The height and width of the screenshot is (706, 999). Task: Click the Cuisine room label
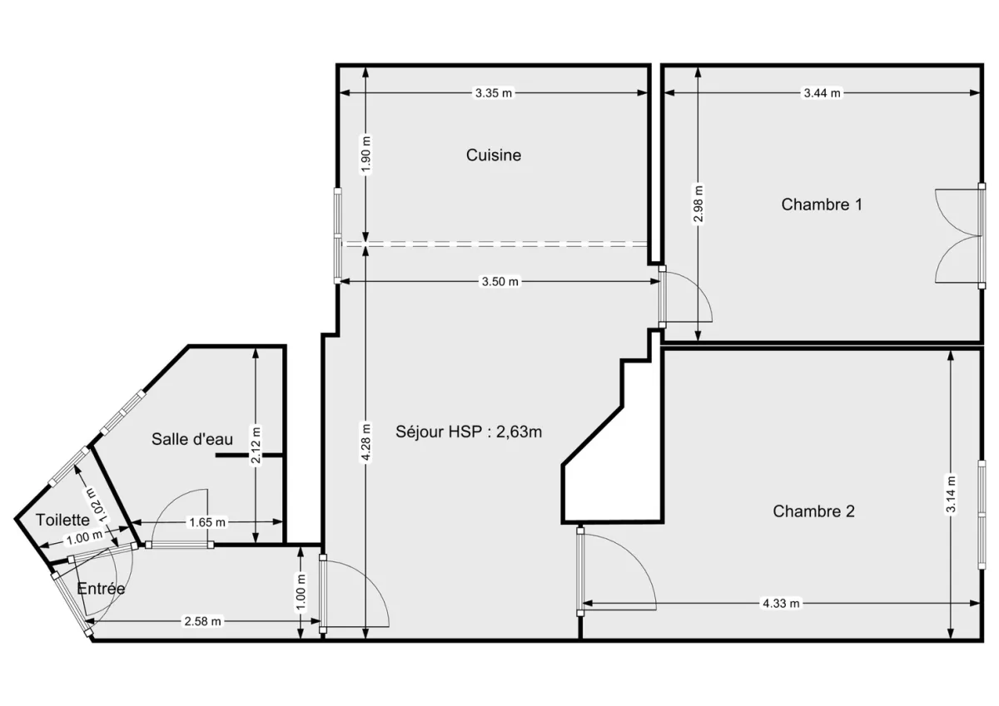pos(494,155)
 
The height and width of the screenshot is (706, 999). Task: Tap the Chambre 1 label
pos(821,204)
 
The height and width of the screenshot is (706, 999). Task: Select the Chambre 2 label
pos(813,511)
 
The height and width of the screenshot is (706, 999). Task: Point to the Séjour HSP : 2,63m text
pos(470,431)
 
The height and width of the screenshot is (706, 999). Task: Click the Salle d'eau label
pos(192,439)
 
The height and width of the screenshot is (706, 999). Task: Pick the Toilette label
pos(62,520)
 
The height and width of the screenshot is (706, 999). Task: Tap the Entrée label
pos(101,588)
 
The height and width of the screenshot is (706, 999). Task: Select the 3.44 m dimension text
pos(822,93)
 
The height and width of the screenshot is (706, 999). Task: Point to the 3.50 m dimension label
pos(499,282)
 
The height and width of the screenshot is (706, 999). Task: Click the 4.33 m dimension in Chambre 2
pos(781,604)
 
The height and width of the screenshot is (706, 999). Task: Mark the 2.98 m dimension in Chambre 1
pos(698,205)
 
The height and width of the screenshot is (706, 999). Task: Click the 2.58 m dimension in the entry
pos(203,621)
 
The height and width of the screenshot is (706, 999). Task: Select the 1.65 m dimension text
pos(207,522)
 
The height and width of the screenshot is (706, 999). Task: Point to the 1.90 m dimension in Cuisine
pos(365,154)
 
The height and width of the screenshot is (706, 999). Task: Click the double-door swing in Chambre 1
pos(956,237)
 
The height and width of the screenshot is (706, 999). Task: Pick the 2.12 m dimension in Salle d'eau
pos(256,446)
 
